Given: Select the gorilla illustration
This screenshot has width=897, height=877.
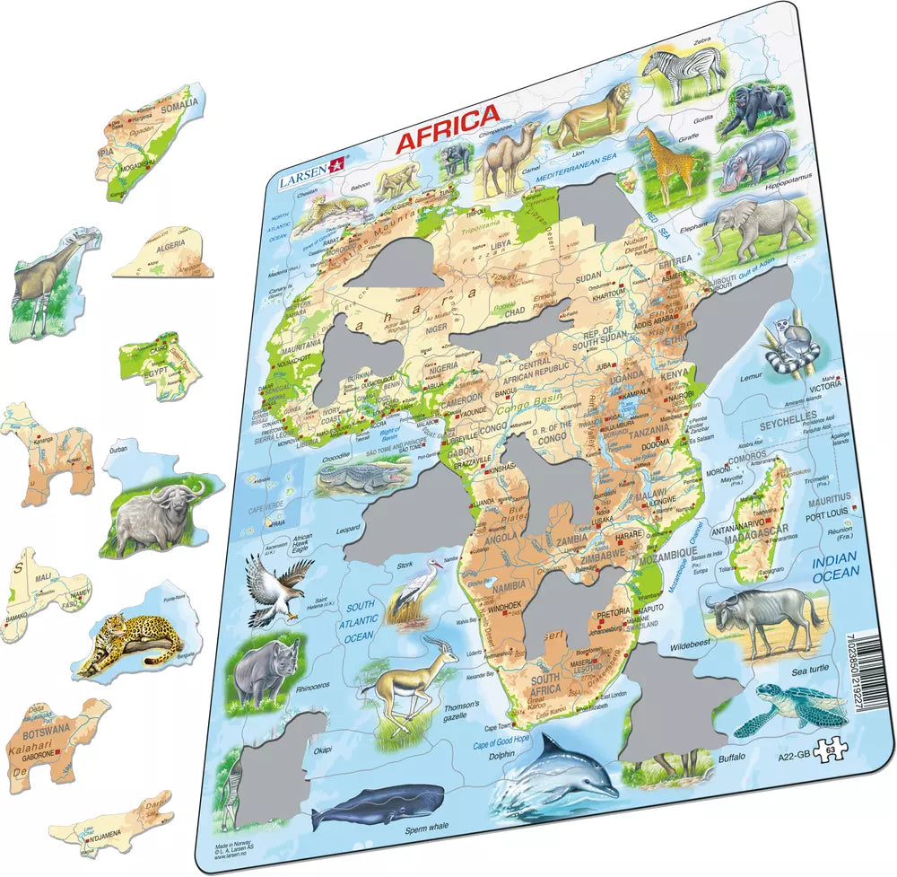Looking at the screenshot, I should (x=755, y=110).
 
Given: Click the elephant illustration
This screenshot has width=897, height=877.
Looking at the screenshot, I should (x=762, y=225).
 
